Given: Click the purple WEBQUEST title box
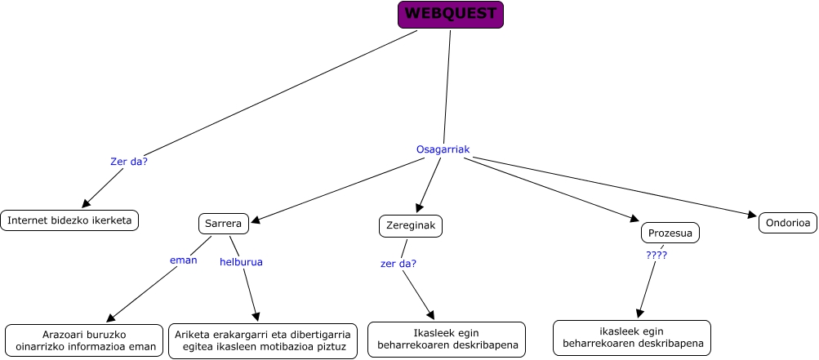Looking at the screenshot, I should click(451, 15).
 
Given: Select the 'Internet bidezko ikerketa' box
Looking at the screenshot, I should click(69, 220).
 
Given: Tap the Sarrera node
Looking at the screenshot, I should click(223, 223).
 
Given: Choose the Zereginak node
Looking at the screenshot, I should click(411, 226).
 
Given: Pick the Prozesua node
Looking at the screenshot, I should click(670, 233).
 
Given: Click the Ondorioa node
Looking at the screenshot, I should click(787, 222).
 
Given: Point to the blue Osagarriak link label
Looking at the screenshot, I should click(443, 149).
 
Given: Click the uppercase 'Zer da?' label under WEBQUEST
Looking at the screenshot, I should click(129, 162).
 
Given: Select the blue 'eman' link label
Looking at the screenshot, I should click(183, 260).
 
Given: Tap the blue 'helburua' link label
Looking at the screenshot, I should click(241, 262).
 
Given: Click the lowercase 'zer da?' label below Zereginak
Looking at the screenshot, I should click(398, 264).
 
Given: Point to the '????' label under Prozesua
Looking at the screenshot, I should click(657, 256).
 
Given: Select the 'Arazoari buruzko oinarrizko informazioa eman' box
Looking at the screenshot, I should click(85, 340).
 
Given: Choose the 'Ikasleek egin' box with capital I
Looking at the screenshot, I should click(446, 339).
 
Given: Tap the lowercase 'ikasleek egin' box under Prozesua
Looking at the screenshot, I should click(631, 337).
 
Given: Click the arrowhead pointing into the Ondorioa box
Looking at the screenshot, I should click(753, 216).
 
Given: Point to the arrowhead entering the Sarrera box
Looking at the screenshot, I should click(255, 220).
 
